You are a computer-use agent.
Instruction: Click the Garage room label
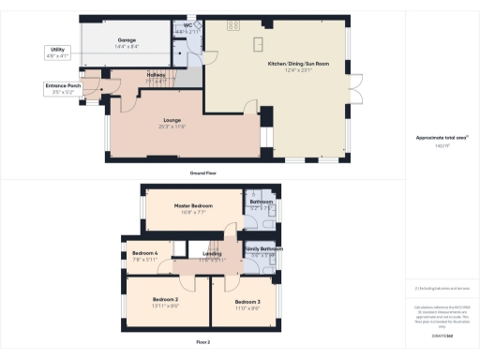[x=127, y=41]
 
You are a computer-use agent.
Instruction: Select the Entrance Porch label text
[x=62, y=87]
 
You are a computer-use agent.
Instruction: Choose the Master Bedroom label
[x=194, y=205]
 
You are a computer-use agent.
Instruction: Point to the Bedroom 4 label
[x=144, y=253]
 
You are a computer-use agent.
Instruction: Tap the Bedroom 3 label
[x=247, y=300]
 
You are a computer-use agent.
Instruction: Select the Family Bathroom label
[x=264, y=248]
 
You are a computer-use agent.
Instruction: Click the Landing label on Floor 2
[x=212, y=253]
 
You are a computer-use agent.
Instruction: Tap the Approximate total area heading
[x=442, y=137]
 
